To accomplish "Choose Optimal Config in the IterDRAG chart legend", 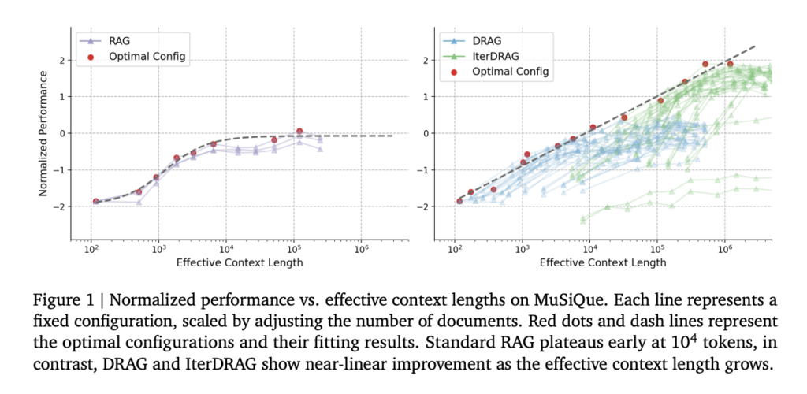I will click(509, 72).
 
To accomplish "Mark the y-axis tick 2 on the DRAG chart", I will click(427, 60).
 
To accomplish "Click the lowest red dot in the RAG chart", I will click(95, 202).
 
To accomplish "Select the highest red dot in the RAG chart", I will click(299, 132).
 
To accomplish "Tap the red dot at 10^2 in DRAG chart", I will click(459, 201).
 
